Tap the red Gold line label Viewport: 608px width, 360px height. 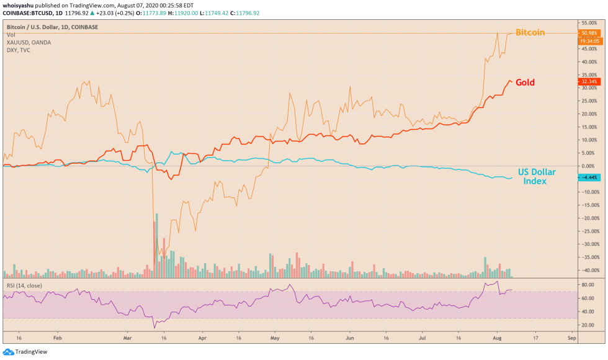525,83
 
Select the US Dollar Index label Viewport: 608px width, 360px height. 537,176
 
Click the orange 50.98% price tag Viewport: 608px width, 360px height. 588,33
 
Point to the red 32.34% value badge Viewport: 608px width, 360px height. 588,81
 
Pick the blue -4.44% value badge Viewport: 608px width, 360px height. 588,178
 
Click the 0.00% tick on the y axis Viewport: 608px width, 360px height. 587,166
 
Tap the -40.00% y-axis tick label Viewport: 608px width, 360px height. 587,270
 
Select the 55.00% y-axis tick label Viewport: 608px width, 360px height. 587,22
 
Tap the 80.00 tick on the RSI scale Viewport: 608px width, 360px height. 586,284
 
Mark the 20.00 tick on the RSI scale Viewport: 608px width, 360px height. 586,326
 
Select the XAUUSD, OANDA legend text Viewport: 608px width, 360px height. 29,42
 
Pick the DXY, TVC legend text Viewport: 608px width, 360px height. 19,50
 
